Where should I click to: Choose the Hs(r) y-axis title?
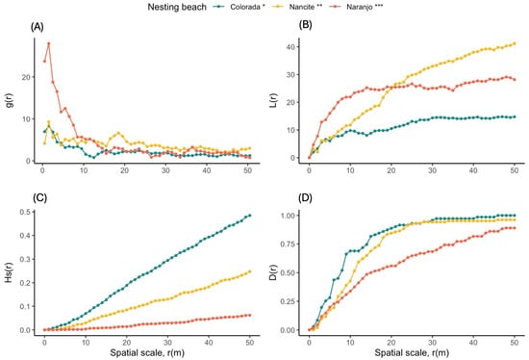[9, 272]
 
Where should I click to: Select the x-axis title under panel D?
[414, 352]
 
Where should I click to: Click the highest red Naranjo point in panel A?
[48, 43]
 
